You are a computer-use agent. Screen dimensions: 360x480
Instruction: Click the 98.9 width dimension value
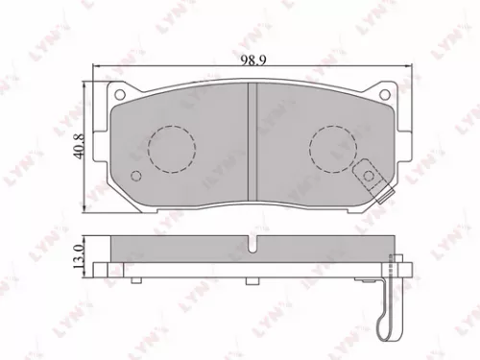click(252, 60)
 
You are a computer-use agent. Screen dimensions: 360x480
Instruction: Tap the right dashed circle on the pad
click(331, 150)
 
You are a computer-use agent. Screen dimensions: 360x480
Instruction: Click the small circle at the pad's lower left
click(135, 176)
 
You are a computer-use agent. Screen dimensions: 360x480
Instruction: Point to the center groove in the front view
click(251, 144)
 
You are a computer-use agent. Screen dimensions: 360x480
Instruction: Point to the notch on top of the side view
click(252, 246)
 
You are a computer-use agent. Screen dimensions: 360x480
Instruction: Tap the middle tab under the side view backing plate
click(252, 280)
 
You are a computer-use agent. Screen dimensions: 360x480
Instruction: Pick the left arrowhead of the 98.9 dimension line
click(94, 69)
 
